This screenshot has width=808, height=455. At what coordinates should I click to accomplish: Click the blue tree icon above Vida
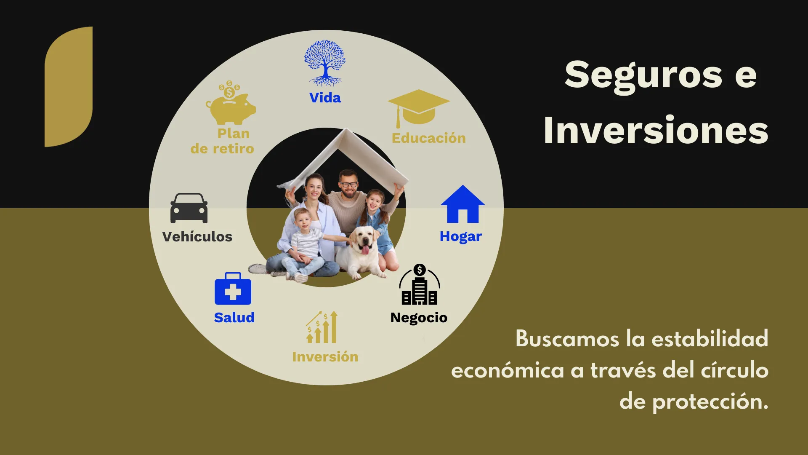325,63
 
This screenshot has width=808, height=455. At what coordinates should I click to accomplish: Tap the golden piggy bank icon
230,103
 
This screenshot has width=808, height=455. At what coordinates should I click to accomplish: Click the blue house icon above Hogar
462,204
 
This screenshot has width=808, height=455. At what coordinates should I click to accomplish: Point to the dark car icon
189,208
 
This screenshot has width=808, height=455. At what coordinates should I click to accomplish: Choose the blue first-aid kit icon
233,289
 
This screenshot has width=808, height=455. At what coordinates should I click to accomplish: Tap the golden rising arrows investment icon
322,327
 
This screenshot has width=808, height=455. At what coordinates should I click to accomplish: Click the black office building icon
419,284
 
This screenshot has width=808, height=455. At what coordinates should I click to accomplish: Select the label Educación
428,138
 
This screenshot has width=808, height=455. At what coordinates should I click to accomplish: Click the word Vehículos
197,236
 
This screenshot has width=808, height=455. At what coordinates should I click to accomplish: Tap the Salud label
234,317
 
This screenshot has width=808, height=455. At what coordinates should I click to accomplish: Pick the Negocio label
419,318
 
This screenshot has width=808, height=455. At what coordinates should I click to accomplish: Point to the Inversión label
325,357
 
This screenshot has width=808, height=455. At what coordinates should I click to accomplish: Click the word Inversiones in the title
656,130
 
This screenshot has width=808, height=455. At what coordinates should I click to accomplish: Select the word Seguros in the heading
643,76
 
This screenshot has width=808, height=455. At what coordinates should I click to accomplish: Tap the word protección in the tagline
710,402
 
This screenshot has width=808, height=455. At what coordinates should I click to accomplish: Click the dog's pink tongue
365,250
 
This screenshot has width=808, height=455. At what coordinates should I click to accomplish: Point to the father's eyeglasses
349,184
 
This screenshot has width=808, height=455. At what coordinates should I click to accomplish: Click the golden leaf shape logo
69,87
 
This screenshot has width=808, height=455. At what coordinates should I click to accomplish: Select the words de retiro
222,149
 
